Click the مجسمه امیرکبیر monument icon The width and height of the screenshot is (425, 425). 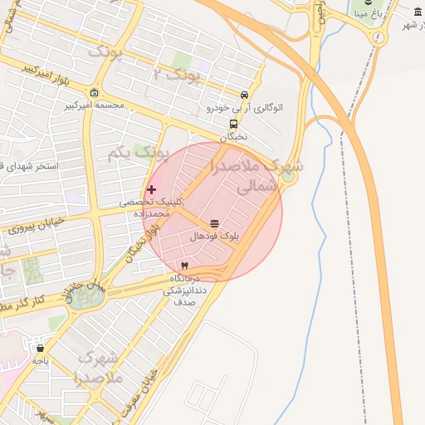point(94,92)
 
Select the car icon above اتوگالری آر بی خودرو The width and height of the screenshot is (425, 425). point(243,95)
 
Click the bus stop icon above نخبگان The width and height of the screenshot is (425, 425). point(233,125)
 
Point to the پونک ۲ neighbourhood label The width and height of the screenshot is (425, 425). point(177,76)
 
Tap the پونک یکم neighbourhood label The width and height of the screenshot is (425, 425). point(138,154)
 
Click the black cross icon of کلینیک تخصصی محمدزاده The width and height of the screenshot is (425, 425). point(151,190)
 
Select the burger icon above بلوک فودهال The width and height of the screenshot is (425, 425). point(215,223)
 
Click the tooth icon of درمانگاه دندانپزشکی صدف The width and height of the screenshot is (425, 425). point(184,265)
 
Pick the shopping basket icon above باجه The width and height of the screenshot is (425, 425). point(40,348)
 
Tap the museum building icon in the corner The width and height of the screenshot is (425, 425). point(418,11)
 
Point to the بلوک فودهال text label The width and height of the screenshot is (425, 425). point(215,237)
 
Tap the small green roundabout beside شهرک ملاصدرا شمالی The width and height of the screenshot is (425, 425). point(288,176)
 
